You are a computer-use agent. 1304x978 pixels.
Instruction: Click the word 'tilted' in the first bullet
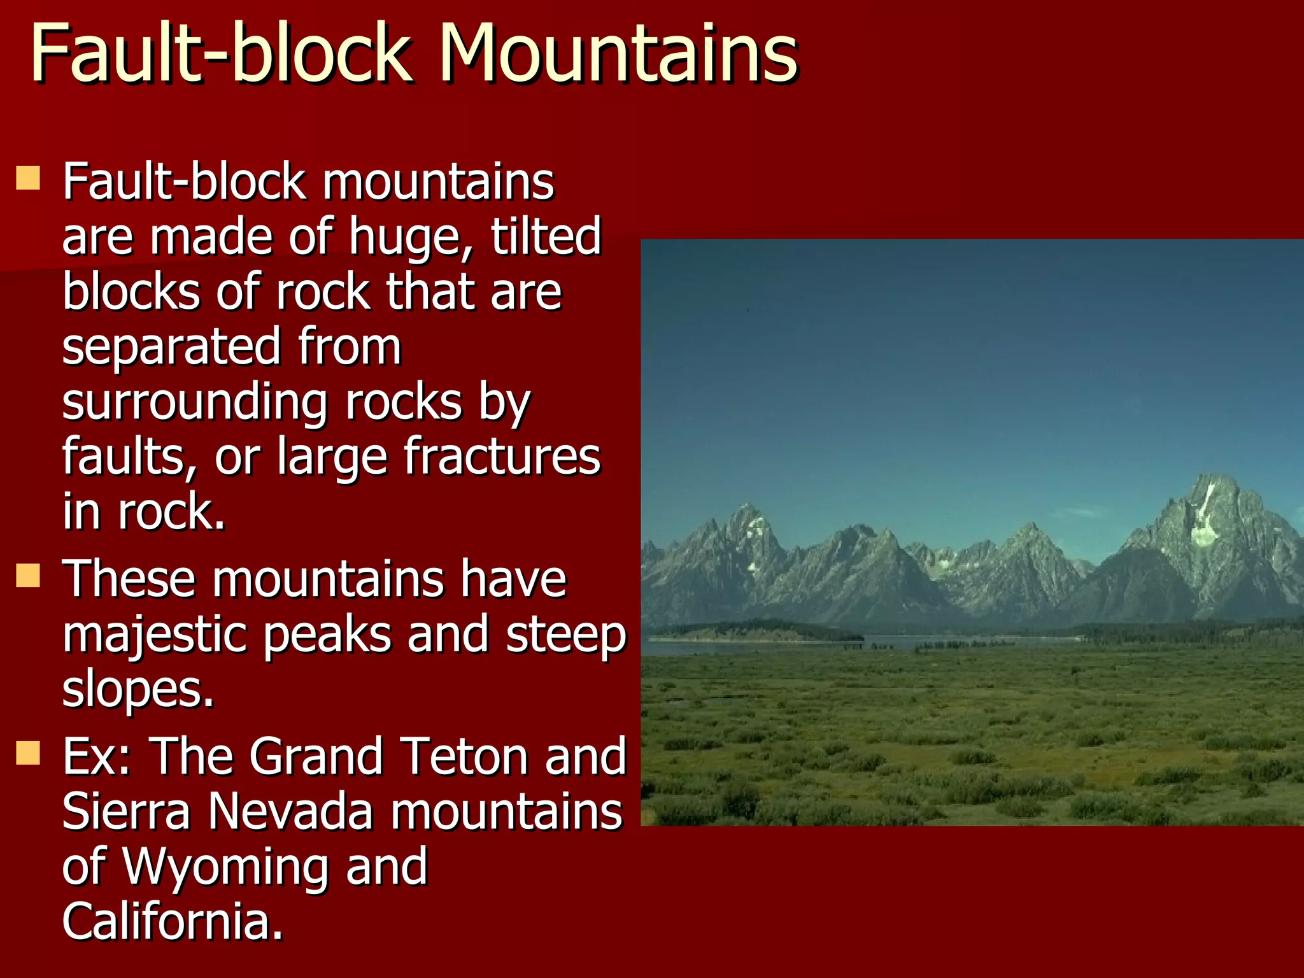546,236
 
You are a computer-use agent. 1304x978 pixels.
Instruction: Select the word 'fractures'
502,457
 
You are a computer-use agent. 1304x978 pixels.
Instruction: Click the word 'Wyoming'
225,867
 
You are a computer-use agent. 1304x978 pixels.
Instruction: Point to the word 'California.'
172,921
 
